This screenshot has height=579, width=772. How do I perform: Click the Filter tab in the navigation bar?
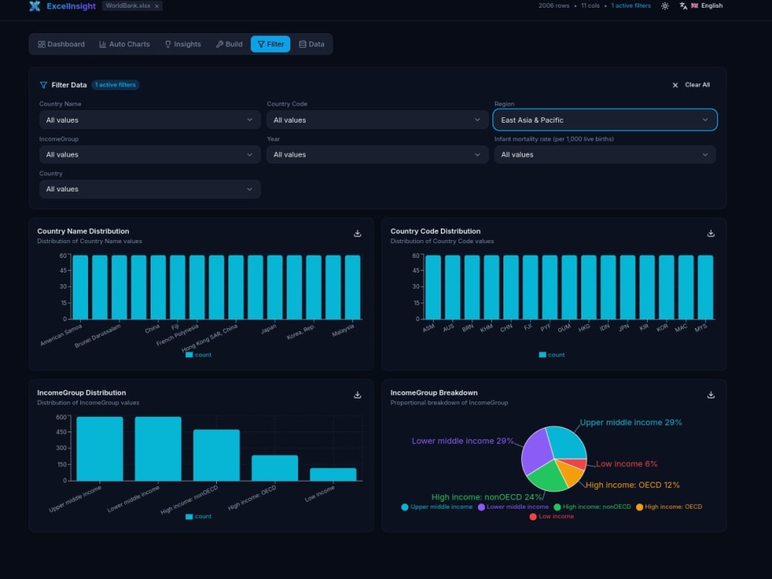point(270,44)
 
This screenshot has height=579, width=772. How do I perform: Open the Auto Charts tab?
point(124,44)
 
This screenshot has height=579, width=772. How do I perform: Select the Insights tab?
point(183,44)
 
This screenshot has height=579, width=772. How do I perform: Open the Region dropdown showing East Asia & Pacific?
point(604,120)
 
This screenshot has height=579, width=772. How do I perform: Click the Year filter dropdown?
point(378,154)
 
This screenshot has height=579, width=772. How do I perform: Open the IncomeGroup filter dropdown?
point(150,154)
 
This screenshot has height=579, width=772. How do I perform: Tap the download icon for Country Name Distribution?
point(357,233)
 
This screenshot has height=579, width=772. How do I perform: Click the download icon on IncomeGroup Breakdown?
point(710,394)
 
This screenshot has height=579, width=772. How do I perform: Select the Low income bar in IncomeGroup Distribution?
point(333,474)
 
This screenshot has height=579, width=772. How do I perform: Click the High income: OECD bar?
point(275,468)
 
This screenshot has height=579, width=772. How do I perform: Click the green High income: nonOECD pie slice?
point(547,476)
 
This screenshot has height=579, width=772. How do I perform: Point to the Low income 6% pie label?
point(626,464)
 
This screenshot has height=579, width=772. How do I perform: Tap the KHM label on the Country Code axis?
point(486,328)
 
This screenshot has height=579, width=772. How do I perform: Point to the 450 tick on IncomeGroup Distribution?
point(61,432)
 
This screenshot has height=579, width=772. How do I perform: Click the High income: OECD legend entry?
point(669,506)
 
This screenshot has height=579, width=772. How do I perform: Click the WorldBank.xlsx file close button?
point(157,6)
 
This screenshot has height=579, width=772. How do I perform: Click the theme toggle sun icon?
point(665,6)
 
